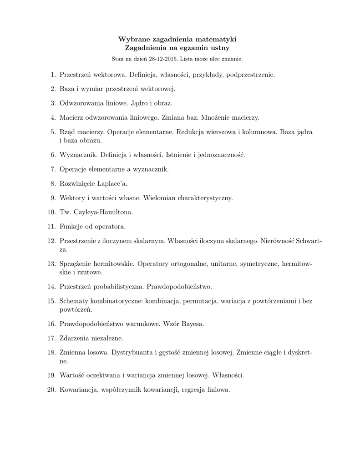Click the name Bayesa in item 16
pyautogui.click(x=193, y=324)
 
